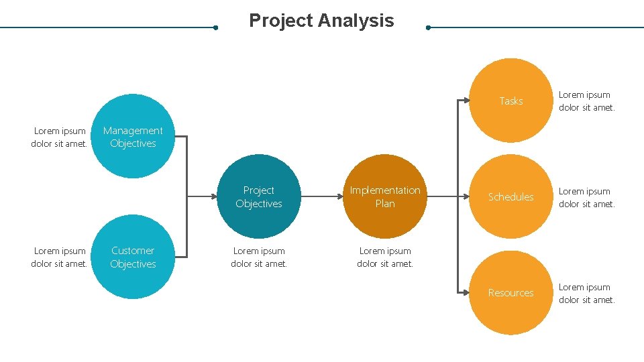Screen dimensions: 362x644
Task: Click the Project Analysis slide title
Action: (x=321, y=21)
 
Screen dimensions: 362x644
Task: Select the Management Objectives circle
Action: (x=133, y=136)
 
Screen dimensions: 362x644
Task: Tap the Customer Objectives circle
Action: (x=133, y=257)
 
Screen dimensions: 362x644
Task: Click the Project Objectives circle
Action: (x=259, y=196)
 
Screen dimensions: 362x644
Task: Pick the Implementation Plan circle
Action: (x=385, y=196)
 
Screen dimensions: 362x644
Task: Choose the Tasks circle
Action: (x=511, y=101)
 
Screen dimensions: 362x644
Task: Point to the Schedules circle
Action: (x=511, y=196)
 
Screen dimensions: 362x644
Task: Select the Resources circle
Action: (x=511, y=292)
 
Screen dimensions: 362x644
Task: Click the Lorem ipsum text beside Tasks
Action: (x=586, y=101)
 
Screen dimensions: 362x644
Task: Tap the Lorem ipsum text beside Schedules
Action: (x=586, y=198)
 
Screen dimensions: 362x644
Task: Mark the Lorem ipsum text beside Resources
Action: (x=586, y=294)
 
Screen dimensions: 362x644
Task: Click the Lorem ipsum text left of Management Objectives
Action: (x=60, y=137)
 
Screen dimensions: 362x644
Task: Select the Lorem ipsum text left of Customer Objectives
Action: (x=60, y=257)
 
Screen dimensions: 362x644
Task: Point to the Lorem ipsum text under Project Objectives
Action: (x=259, y=257)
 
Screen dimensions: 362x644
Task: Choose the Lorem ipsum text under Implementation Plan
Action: (x=385, y=257)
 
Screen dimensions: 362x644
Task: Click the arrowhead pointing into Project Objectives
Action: (x=213, y=196)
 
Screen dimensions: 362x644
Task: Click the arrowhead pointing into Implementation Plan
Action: (x=339, y=196)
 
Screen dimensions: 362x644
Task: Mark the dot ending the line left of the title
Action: (x=215, y=27)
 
